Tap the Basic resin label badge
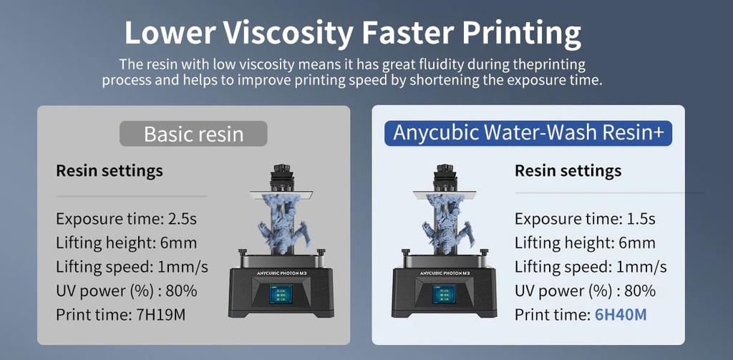[x=193, y=134]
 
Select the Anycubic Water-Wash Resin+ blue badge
[x=528, y=133]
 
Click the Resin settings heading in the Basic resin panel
[x=109, y=171]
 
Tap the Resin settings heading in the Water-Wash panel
[x=568, y=171]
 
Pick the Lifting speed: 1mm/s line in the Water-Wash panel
[x=591, y=267]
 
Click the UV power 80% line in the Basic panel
[x=126, y=291]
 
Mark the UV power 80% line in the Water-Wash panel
[x=585, y=291]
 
